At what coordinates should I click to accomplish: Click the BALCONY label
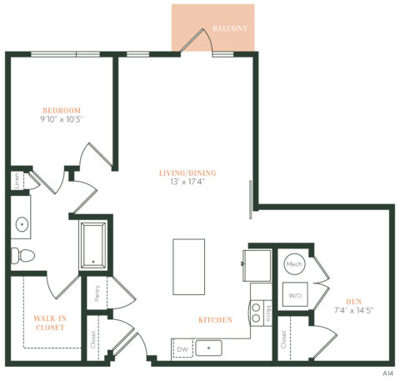pos(230,28)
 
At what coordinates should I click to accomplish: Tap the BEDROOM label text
pos(62,110)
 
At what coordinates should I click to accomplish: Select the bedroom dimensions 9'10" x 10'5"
pos(62,120)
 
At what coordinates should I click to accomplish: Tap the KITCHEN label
pos(215,319)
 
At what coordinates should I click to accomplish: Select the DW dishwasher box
pos(182,348)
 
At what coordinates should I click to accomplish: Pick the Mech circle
pos(293,265)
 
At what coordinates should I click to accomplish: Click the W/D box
pos(295,295)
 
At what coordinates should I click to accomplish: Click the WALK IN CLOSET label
pos(51,323)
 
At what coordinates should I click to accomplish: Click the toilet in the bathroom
pos(20,254)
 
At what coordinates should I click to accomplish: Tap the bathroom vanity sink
pos(20,223)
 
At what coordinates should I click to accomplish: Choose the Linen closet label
pos(17,181)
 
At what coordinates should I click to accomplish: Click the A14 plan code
pos(388,373)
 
